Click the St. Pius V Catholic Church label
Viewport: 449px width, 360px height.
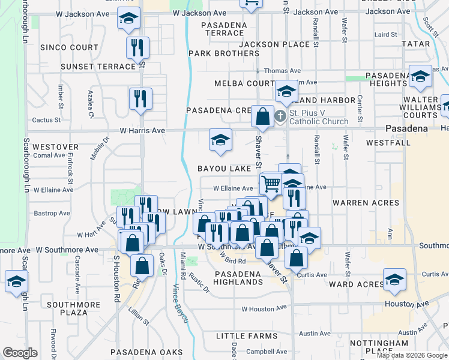[319, 117]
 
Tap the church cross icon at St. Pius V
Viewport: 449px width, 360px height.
[280, 116]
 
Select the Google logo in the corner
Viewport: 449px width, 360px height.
[20, 353]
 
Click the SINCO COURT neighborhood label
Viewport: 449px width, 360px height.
[69, 47]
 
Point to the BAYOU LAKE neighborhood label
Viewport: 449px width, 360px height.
[224, 169]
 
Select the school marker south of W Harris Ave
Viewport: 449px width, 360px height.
[220, 140]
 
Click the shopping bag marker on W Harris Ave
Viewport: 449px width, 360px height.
[262, 116]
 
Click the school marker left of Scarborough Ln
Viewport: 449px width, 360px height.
[16, 281]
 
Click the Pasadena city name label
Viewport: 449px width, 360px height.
[406, 128]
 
